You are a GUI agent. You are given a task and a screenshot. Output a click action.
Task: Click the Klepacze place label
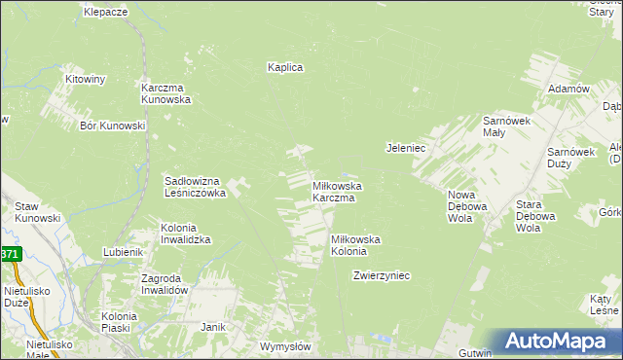106,12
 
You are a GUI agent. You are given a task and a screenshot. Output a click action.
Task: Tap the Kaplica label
286,67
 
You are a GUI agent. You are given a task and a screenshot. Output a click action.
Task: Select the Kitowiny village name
85,79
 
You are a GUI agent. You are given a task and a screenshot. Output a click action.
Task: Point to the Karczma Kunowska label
166,92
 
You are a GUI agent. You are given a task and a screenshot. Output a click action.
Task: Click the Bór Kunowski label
113,126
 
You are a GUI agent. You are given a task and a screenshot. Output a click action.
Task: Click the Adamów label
570,89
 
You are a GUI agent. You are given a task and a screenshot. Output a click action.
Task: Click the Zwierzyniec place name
382,275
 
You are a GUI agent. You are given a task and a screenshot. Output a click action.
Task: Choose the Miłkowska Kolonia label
355,245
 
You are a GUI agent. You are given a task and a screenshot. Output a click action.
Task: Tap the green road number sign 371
10,254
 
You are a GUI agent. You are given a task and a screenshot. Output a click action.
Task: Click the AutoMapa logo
561,341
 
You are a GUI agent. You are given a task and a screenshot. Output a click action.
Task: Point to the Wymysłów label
285,346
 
